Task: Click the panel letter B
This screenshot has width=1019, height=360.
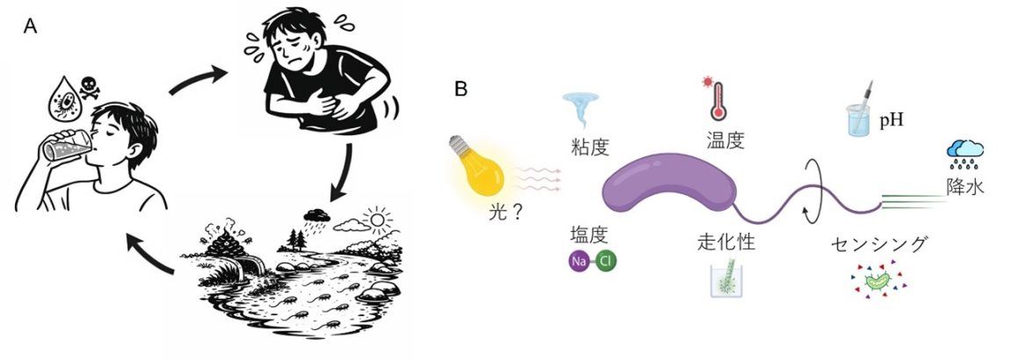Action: point(461,89)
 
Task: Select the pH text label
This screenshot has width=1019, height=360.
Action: point(892,121)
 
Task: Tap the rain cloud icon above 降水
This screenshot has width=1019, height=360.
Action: point(965,155)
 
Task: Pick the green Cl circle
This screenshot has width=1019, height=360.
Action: point(606,262)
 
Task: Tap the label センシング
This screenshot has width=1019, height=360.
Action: point(878,245)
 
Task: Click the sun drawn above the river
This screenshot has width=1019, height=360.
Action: point(377,220)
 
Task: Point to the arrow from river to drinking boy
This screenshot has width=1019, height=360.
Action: point(149,254)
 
